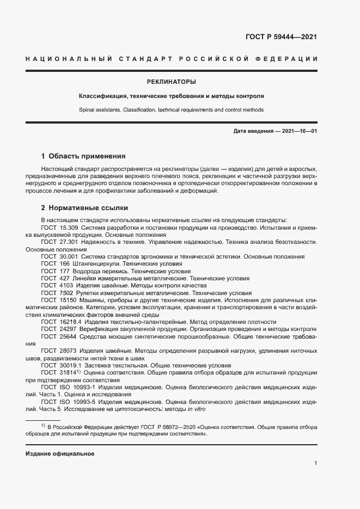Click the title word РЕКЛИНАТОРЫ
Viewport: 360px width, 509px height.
(x=171, y=82)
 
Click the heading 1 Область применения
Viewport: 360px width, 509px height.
(x=83, y=156)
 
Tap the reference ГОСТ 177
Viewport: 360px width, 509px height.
(x=54, y=271)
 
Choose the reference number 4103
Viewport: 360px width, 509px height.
(x=66, y=285)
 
